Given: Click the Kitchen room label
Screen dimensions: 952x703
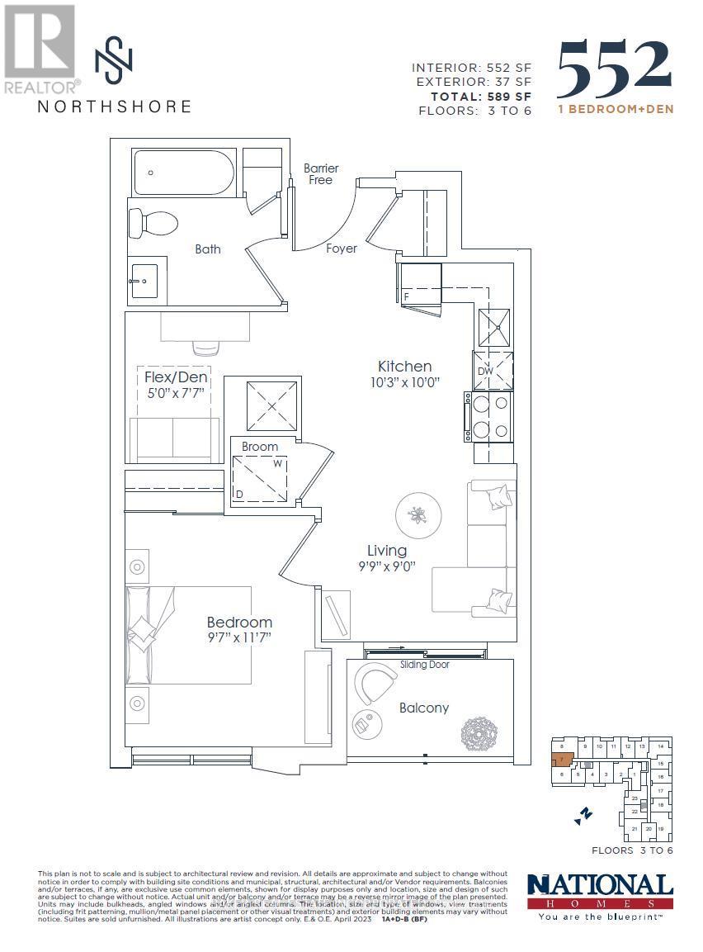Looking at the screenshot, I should pyautogui.click(x=404, y=366).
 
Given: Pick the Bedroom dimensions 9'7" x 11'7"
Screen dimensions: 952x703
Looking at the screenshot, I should pyautogui.click(x=239, y=637).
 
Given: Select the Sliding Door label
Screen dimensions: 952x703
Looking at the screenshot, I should pyautogui.click(x=425, y=665).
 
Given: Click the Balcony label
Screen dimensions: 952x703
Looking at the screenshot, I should pyautogui.click(x=424, y=708).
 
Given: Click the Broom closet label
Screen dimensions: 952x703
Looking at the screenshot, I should pyautogui.click(x=260, y=447).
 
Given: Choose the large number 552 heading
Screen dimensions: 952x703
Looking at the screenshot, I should pyautogui.click(x=615, y=69).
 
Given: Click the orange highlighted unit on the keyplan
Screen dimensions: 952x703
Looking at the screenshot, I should pyautogui.click(x=561, y=759).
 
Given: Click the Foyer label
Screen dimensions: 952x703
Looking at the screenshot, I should pyautogui.click(x=342, y=248).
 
